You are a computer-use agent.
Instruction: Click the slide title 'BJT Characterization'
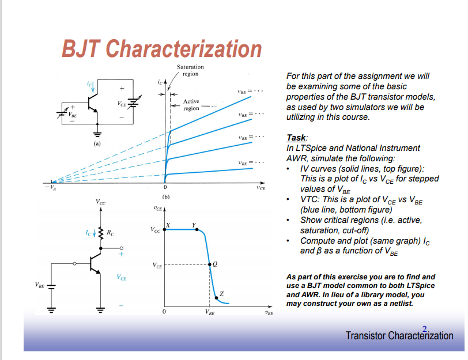click(x=162, y=49)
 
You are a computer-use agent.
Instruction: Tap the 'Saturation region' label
click(x=190, y=70)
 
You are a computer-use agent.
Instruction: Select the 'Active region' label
click(x=191, y=105)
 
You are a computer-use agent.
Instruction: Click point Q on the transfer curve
click(x=215, y=264)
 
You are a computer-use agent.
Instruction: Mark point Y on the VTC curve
click(x=194, y=224)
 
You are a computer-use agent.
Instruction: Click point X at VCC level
click(x=168, y=224)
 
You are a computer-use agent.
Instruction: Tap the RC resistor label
click(x=111, y=233)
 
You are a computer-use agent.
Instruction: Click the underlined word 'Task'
click(x=296, y=138)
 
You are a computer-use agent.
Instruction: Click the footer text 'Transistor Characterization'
click(x=399, y=336)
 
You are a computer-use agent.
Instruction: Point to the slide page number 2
click(x=425, y=329)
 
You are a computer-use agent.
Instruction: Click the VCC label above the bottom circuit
click(x=101, y=203)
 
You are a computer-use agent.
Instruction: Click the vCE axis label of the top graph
click(x=261, y=188)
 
